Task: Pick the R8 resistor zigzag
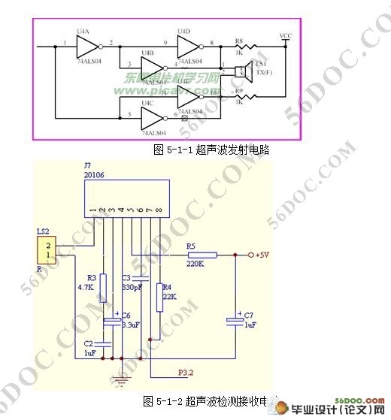tap(244, 47)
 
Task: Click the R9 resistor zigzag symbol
tap(244, 96)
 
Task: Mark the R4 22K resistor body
tap(159, 296)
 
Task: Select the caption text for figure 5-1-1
tap(211, 150)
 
